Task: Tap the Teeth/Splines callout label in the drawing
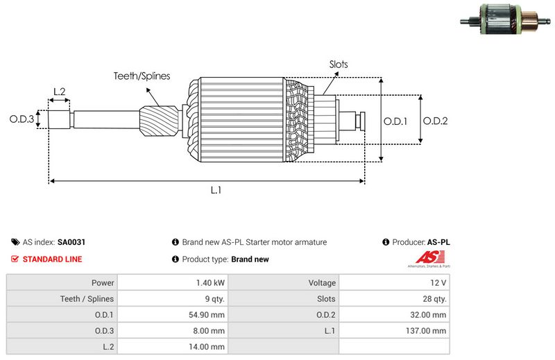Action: pyautogui.click(x=142, y=76)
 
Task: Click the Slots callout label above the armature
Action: pyautogui.click(x=339, y=65)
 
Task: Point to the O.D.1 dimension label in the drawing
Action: pyautogui.click(x=395, y=120)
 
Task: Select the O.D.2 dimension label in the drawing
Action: pyautogui.click(x=436, y=120)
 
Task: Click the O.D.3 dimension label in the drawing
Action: pyautogui.click(x=22, y=119)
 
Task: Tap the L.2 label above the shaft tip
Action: pyautogui.click(x=59, y=92)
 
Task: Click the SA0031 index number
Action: pyautogui.click(x=71, y=243)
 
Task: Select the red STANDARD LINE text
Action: pyautogui.click(x=53, y=259)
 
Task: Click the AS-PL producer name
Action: pyautogui.click(x=438, y=243)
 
